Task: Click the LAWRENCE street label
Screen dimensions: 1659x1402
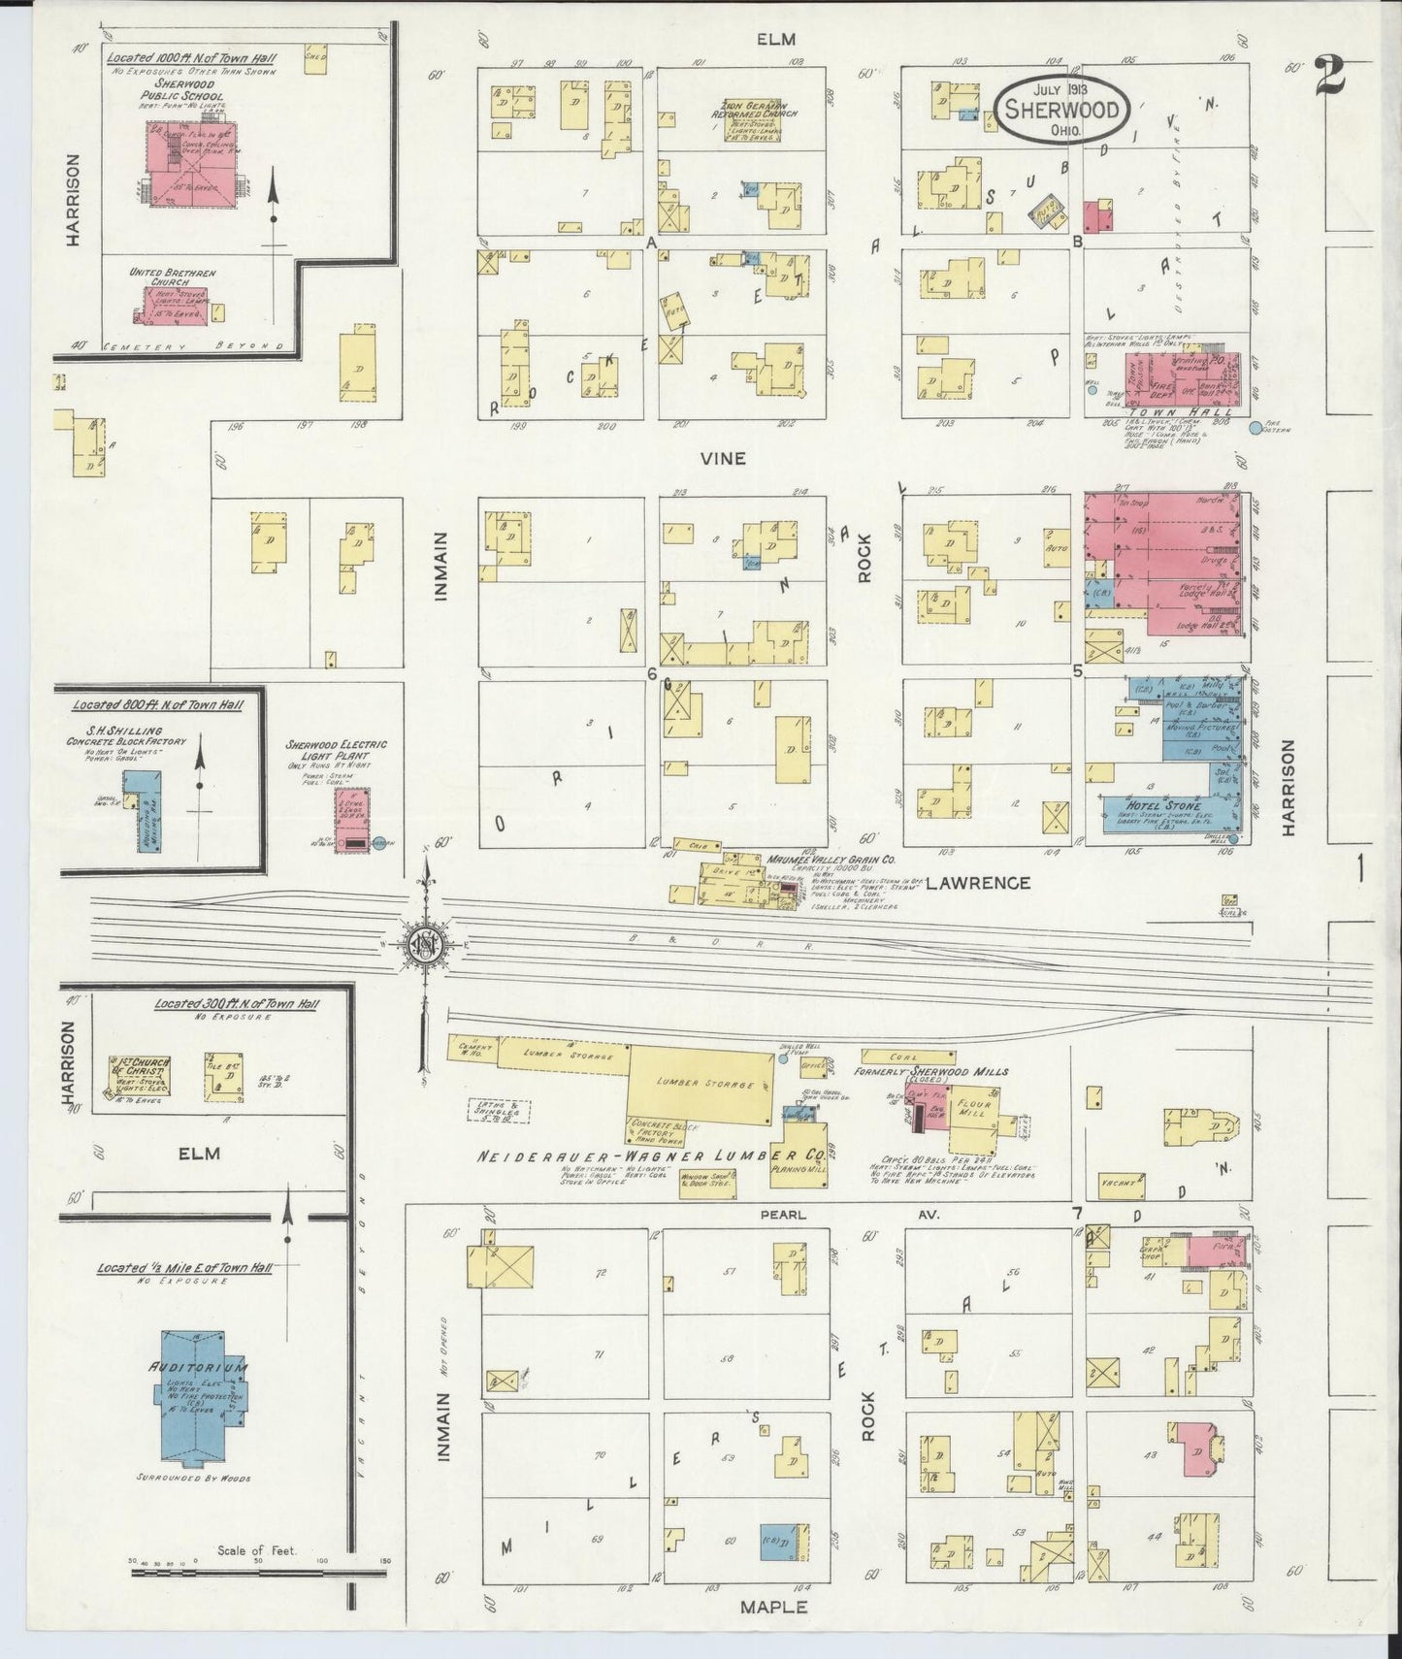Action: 977,883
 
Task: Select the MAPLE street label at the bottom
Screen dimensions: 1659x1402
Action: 773,1607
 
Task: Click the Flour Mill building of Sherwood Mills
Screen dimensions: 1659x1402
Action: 973,1109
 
